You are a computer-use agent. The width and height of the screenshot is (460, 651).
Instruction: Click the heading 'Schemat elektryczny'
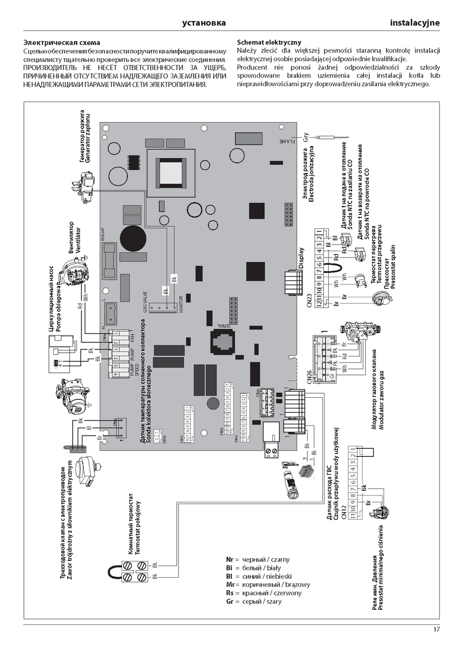(269, 42)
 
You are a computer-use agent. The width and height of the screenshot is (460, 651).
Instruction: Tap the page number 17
(437, 629)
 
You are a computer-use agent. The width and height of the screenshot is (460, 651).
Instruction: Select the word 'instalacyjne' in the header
(414, 23)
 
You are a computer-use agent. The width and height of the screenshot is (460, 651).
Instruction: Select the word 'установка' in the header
(203, 23)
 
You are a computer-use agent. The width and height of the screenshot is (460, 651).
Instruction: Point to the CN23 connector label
(310, 300)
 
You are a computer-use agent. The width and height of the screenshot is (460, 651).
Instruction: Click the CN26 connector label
(310, 376)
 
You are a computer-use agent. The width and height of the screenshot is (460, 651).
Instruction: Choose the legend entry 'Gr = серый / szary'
(254, 602)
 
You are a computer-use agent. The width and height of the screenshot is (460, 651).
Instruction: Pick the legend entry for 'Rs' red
(264, 593)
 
